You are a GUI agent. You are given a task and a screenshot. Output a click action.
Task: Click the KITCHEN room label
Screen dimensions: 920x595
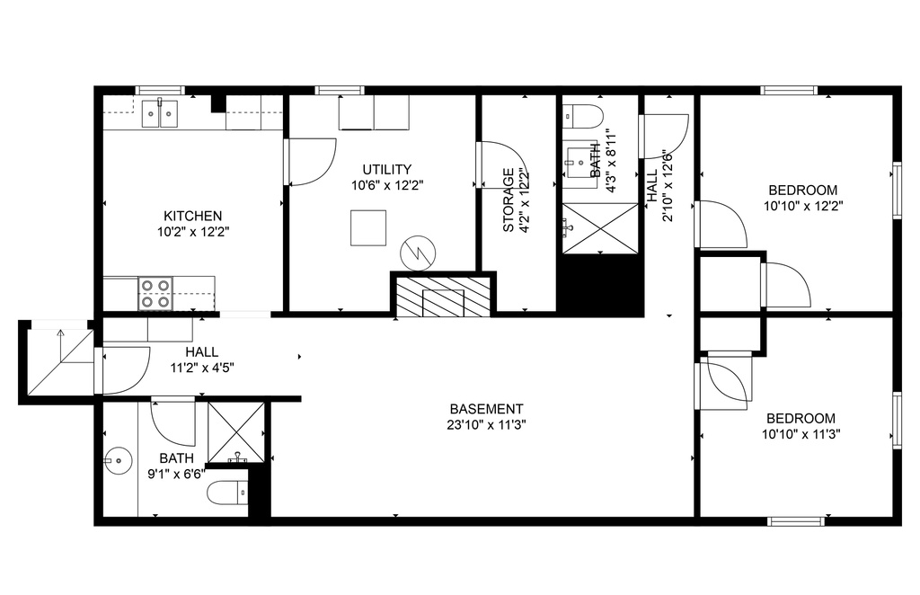click(x=192, y=216)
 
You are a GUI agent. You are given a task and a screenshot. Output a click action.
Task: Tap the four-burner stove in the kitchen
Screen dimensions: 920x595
click(x=155, y=293)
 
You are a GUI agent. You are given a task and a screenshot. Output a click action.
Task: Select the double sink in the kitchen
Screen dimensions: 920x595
click(x=160, y=113)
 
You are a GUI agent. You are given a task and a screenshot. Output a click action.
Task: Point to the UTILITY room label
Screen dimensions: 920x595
click(x=386, y=170)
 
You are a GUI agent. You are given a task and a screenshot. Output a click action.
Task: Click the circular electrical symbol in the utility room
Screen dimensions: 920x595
click(x=418, y=253)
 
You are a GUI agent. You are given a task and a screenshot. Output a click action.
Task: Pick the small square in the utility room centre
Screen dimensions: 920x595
click(x=368, y=227)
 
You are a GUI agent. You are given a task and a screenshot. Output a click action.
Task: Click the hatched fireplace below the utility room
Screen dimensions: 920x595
click(x=443, y=297)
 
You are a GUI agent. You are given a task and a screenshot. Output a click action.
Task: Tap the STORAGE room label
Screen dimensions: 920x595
click(x=509, y=200)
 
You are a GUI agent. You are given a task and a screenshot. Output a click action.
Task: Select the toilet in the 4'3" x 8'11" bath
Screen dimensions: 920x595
click(x=582, y=117)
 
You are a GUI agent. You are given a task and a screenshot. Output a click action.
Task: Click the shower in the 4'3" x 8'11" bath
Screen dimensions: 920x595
click(x=600, y=228)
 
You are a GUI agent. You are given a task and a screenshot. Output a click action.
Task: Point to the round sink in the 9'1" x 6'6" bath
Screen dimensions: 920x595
click(x=117, y=459)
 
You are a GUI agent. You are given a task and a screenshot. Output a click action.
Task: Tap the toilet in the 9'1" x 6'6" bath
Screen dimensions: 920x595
click(x=229, y=492)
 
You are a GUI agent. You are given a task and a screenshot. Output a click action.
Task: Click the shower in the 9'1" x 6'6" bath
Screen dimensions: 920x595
click(x=236, y=432)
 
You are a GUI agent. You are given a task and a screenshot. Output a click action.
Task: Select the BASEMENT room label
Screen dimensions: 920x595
click(x=486, y=409)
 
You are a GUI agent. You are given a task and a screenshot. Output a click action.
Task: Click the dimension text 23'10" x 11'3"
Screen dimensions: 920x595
click(x=486, y=425)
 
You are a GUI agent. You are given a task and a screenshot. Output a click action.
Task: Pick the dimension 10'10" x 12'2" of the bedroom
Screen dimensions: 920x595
click(x=802, y=206)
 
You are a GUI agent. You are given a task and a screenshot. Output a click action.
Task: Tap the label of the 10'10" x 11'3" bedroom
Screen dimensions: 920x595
click(x=801, y=418)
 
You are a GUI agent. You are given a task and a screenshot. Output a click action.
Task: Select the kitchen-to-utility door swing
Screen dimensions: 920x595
click(x=311, y=162)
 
